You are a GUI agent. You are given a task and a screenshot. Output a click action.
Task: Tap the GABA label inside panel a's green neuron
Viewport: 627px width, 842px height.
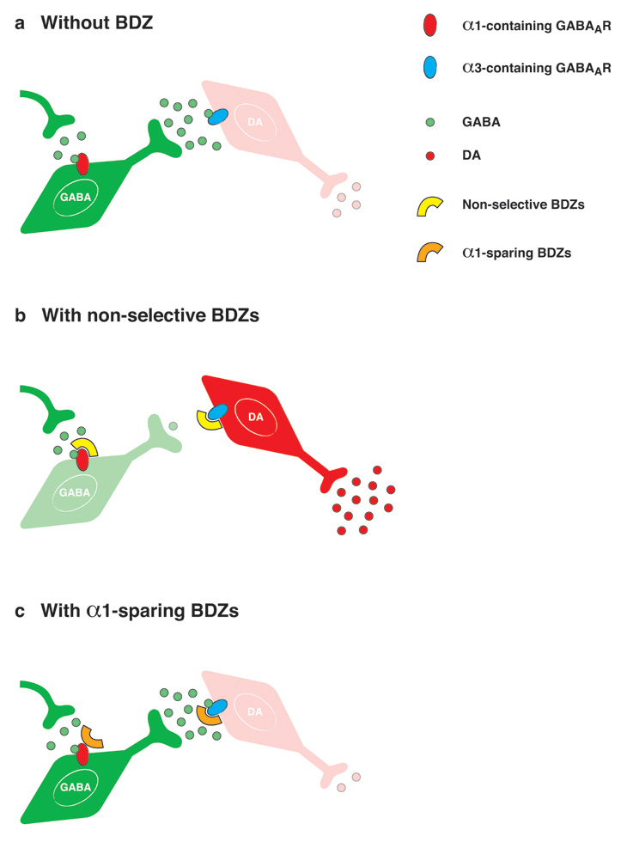click(x=75, y=197)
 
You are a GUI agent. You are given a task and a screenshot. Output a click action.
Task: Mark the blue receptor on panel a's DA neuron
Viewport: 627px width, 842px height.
click(x=218, y=116)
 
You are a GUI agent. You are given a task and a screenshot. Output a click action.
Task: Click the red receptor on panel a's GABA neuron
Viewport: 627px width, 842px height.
click(x=82, y=163)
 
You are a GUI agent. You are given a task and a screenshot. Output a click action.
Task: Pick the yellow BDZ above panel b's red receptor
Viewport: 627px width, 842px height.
click(x=82, y=448)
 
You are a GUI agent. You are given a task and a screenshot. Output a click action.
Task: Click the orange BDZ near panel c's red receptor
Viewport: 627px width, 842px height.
click(x=91, y=735)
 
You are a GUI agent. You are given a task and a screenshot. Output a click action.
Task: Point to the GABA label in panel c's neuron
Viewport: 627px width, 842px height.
click(x=74, y=787)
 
